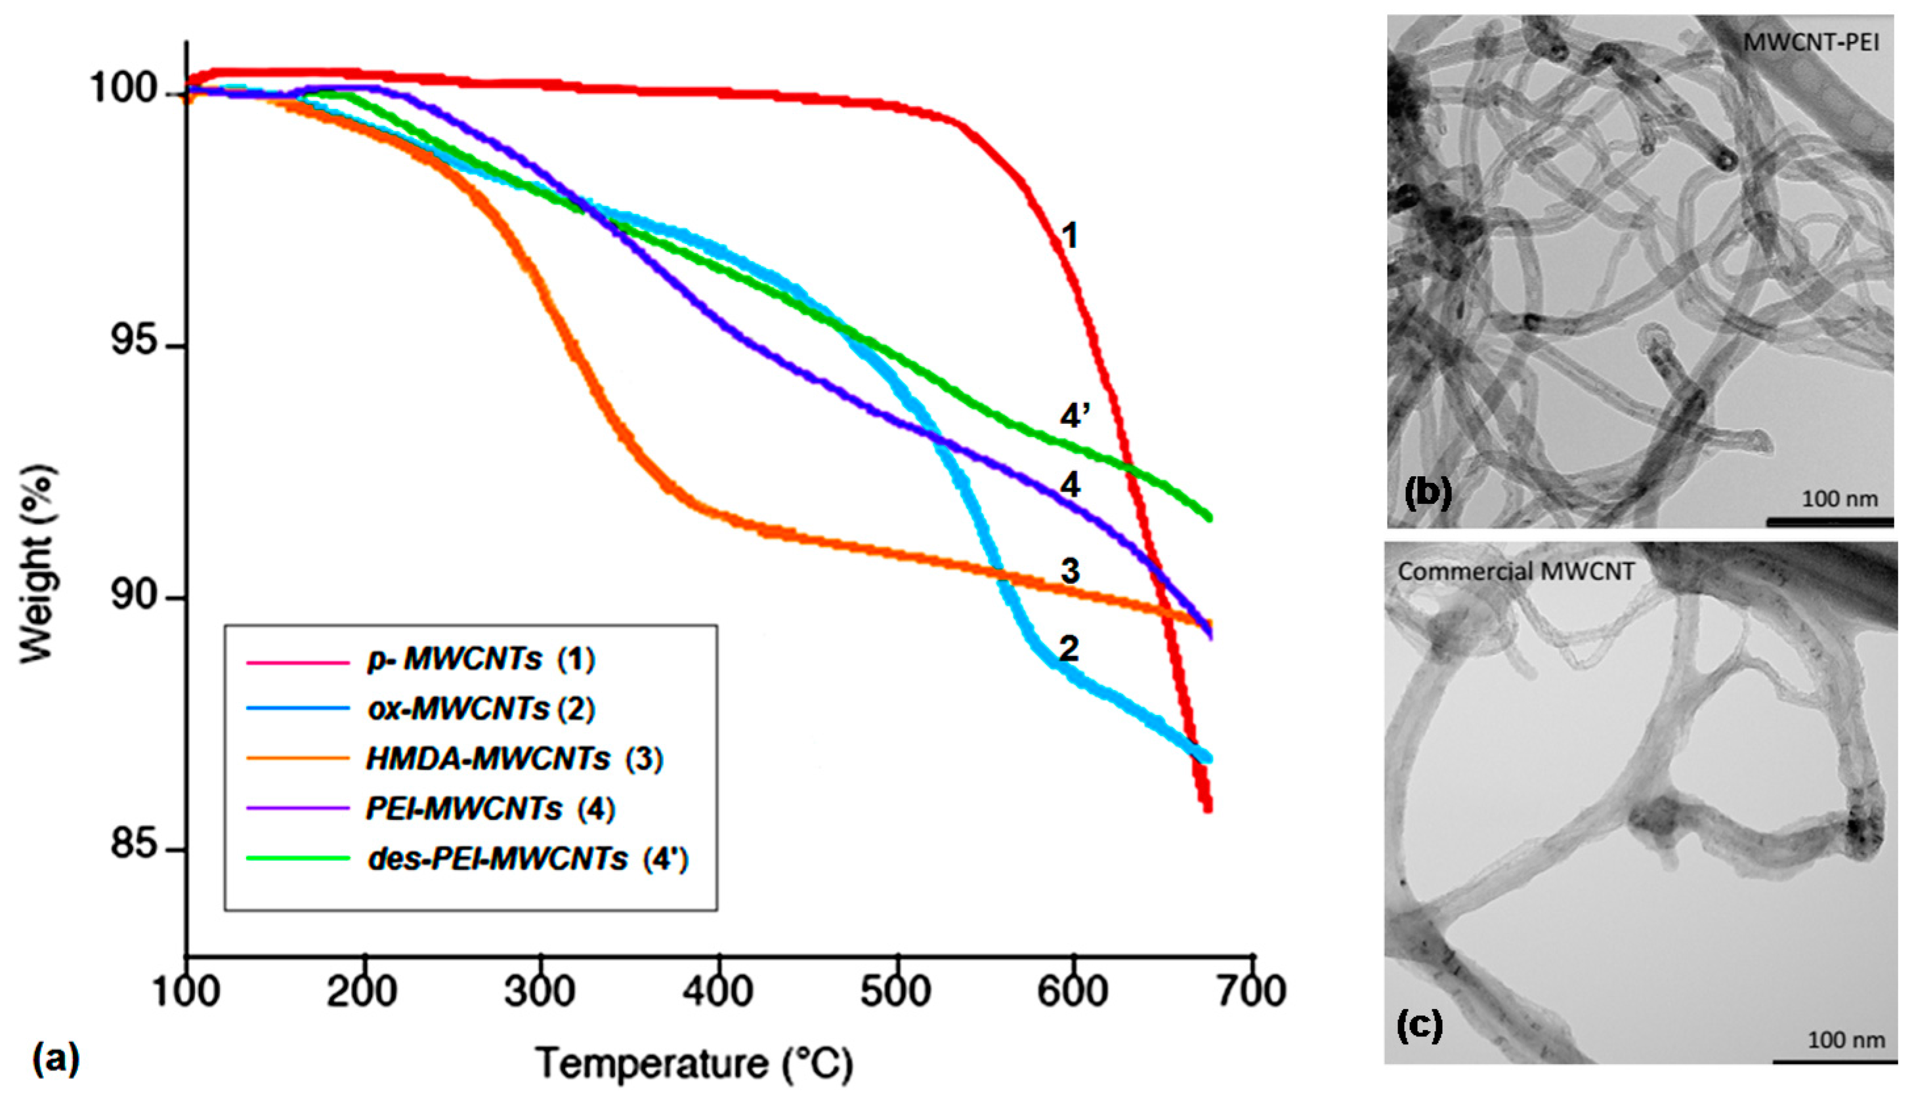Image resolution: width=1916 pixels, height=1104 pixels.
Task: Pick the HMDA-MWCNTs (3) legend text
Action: click(514, 758)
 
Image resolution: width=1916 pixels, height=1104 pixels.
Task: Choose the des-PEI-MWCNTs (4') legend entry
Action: click(528, 859)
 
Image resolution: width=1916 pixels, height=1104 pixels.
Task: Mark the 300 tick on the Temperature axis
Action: click(540, 991)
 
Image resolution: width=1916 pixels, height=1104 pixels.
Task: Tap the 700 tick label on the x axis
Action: click(1252, 991)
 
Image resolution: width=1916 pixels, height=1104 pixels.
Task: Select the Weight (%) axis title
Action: click(38, 565)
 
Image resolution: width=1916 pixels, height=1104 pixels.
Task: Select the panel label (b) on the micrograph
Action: click(1428, 491)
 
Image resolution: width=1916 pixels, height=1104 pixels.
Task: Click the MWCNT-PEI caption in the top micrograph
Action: click(1810, 43)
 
